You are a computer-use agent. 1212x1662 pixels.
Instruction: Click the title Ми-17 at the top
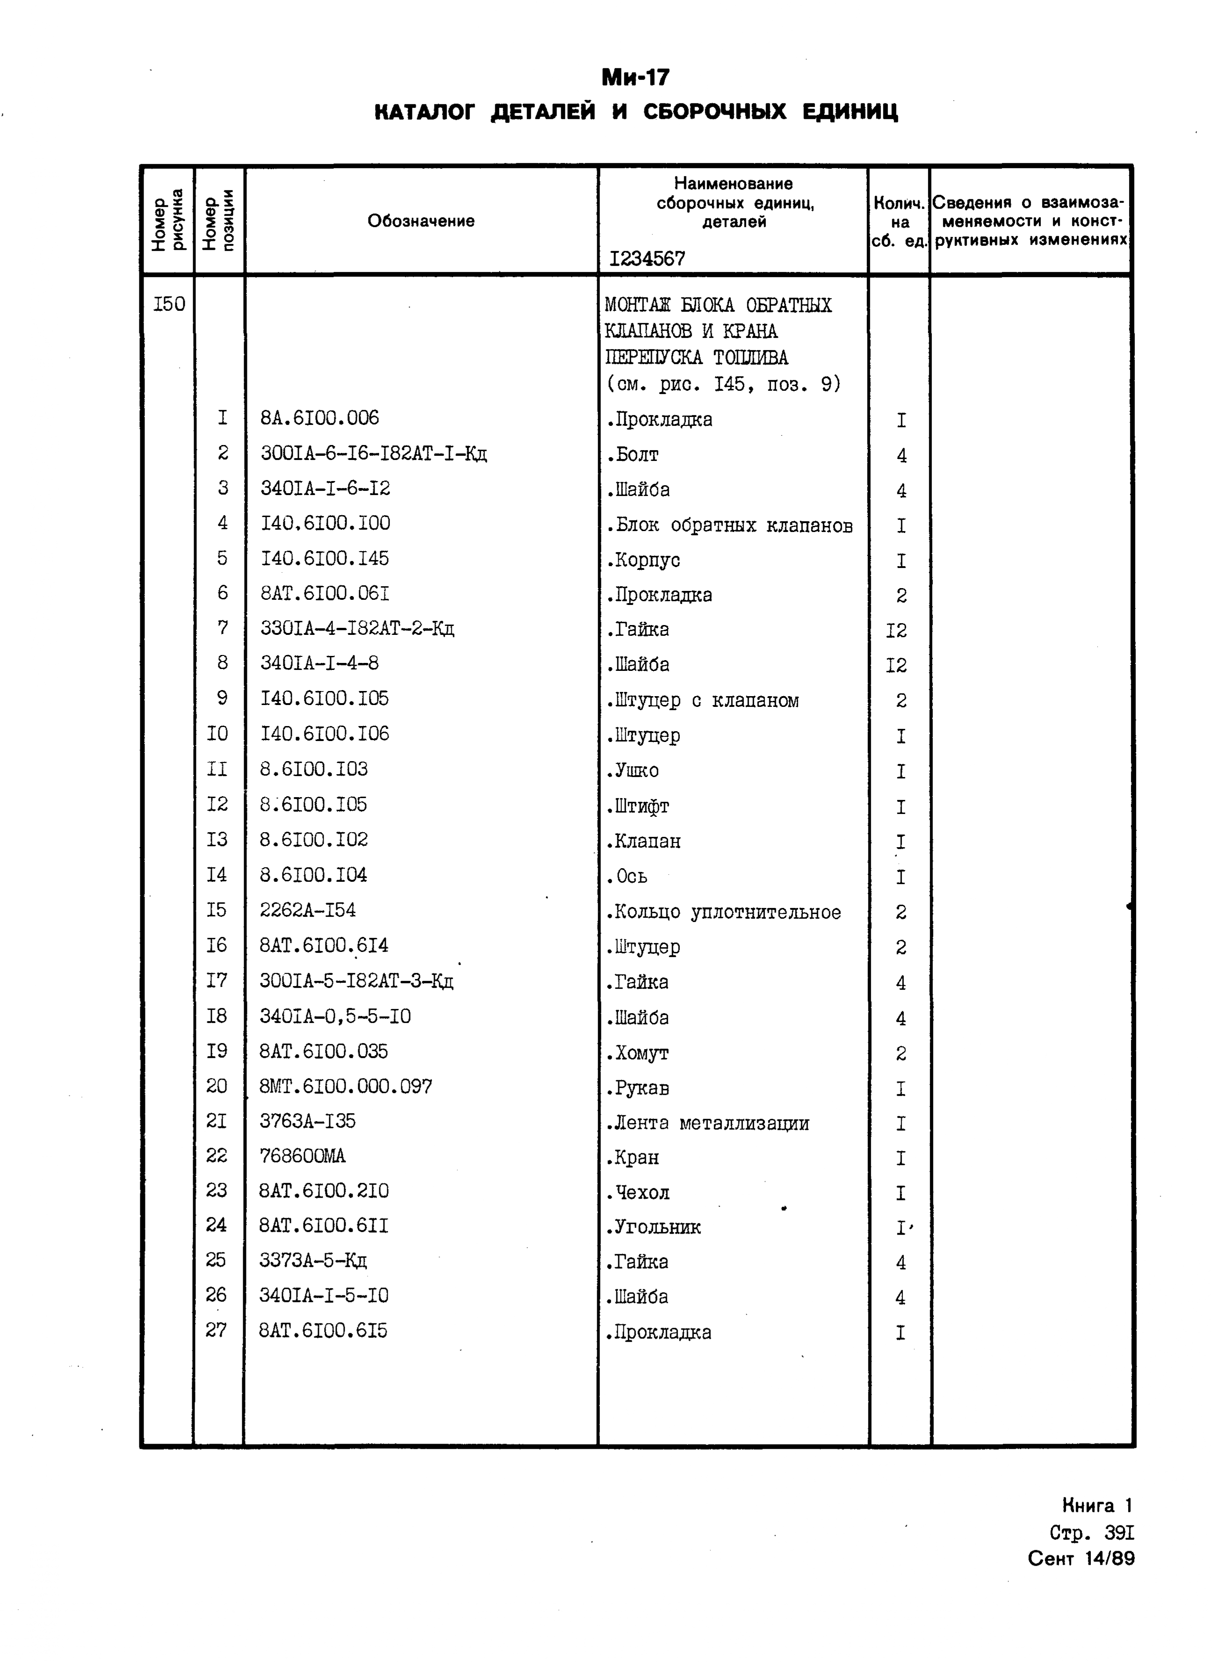pyautogui.click(x=635, y=77)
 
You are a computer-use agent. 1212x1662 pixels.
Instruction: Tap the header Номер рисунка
pyautogui.click(x=168, y=221)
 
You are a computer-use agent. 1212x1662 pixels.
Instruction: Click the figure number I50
pyautogui.click(x=169, y=304)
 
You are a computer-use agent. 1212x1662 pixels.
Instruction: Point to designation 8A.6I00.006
pyautogui.click(x=320, y=418)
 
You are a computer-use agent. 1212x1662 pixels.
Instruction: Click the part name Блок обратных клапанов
pyautogui.click(x=730, y=525)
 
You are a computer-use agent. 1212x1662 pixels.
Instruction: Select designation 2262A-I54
pyautogui.click(x=308, y=910)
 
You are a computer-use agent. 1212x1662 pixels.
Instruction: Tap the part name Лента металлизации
pyautogui.click(x=708, y=1123)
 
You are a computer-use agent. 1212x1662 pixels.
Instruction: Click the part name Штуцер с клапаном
pyautogui.click(x=703, y=700)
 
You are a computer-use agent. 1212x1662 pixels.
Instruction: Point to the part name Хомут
pyautogui.click(x=637, y=1053)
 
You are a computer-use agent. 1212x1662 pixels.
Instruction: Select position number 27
pyautogui.click(x=216, y=1330)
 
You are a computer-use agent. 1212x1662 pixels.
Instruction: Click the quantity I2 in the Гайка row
pyautogui.click(x=896, y=630)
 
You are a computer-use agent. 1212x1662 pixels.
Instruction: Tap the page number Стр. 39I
pyautogui.click(x=1092, y=1533)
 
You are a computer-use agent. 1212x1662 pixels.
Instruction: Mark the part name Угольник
pyautogui.click(x=654, y=1227)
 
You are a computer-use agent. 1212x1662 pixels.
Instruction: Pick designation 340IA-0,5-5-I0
pyautogui.click(x=335, y=1016)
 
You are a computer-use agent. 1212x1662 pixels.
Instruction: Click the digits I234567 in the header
pyautogui.click(x=647, y=258)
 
